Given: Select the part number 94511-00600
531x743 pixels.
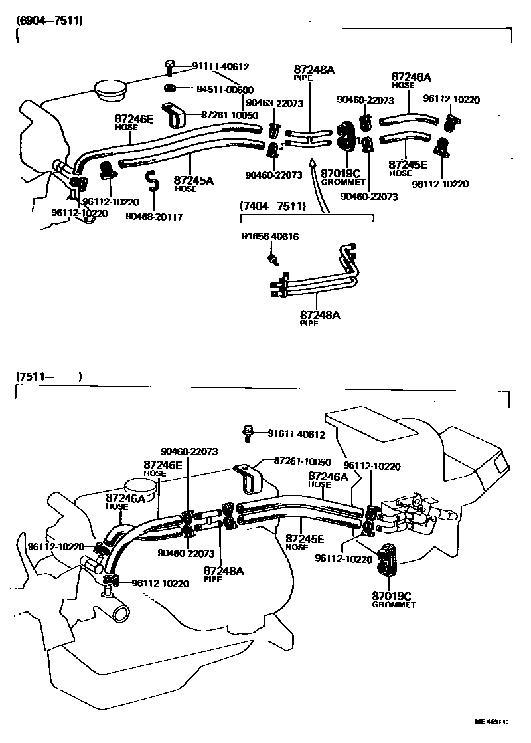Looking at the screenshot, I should click(x=225, y=90).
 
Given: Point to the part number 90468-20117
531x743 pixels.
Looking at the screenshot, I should click(x=155, y=217).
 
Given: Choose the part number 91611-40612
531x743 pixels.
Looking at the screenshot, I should click(x=296, y=435).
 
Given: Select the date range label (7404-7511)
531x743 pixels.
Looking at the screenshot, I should click(x=273, y=207).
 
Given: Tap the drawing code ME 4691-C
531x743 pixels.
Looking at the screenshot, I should click(x=491, y=722).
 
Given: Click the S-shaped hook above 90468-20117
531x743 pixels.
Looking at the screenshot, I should click(x=151, y=180).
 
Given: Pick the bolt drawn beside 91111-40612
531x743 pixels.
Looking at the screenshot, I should click(x=169, y=67).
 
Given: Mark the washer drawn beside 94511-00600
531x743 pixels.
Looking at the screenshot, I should click(x=169, y=88).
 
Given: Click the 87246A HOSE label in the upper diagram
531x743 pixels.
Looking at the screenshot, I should click(x=407, y=80).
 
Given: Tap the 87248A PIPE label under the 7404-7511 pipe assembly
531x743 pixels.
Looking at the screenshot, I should click(x=320, y=318).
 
